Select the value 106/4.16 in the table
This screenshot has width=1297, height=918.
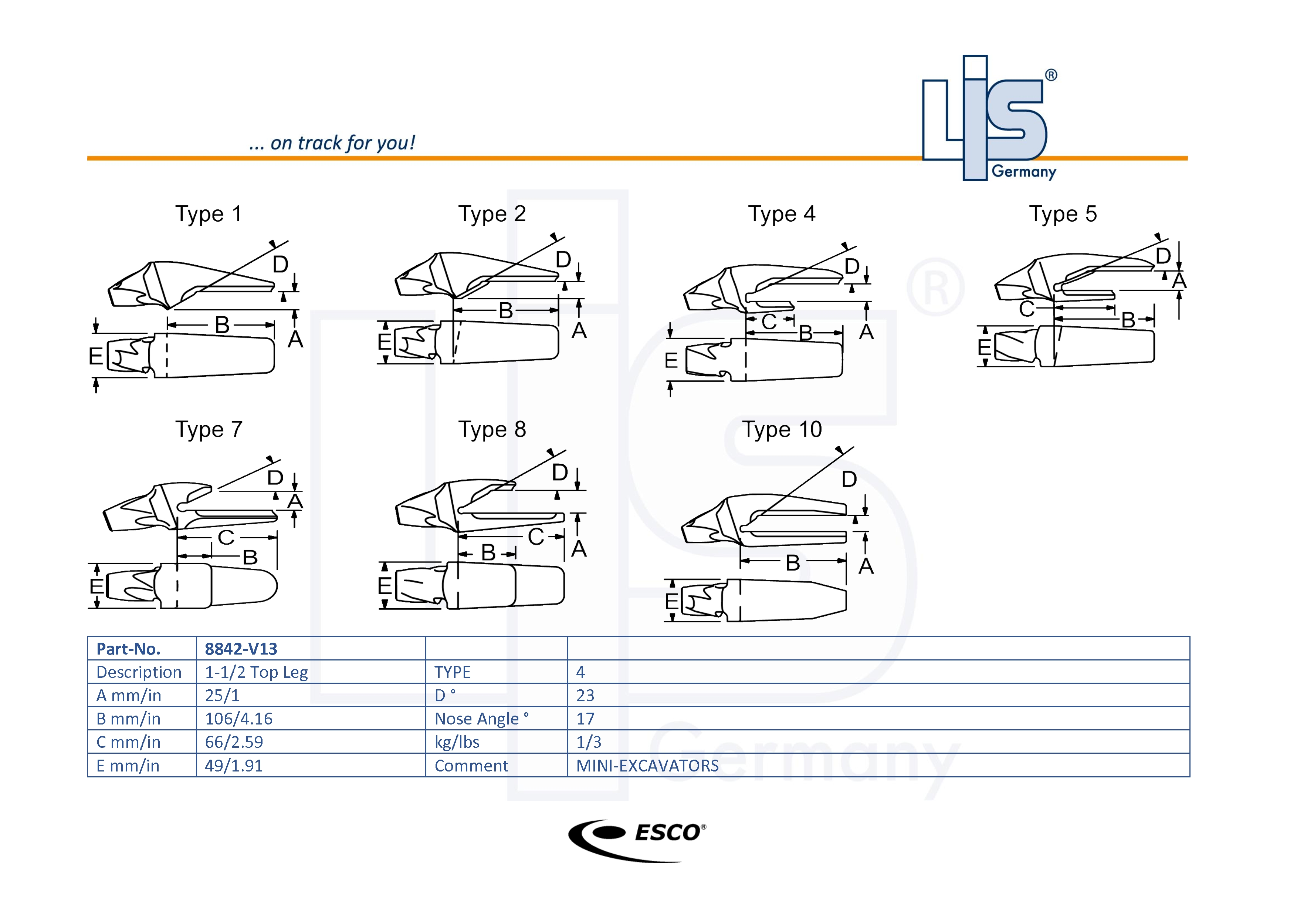pos(238,719)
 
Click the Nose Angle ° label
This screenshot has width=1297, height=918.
pos(481,719)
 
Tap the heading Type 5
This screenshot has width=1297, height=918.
pos(1063,214)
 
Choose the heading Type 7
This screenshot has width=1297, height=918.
pos(209,430)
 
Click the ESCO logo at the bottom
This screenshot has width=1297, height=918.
pos(637,840)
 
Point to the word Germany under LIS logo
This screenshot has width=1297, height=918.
pos(1024,171)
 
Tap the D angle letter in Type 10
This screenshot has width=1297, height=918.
pos(849,479)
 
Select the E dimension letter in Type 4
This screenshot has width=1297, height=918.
pos(671,360)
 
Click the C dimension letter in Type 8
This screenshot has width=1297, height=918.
pos(535,537)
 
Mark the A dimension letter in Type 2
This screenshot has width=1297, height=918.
pos(579,331)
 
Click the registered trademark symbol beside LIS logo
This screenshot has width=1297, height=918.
pos(1051,75)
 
